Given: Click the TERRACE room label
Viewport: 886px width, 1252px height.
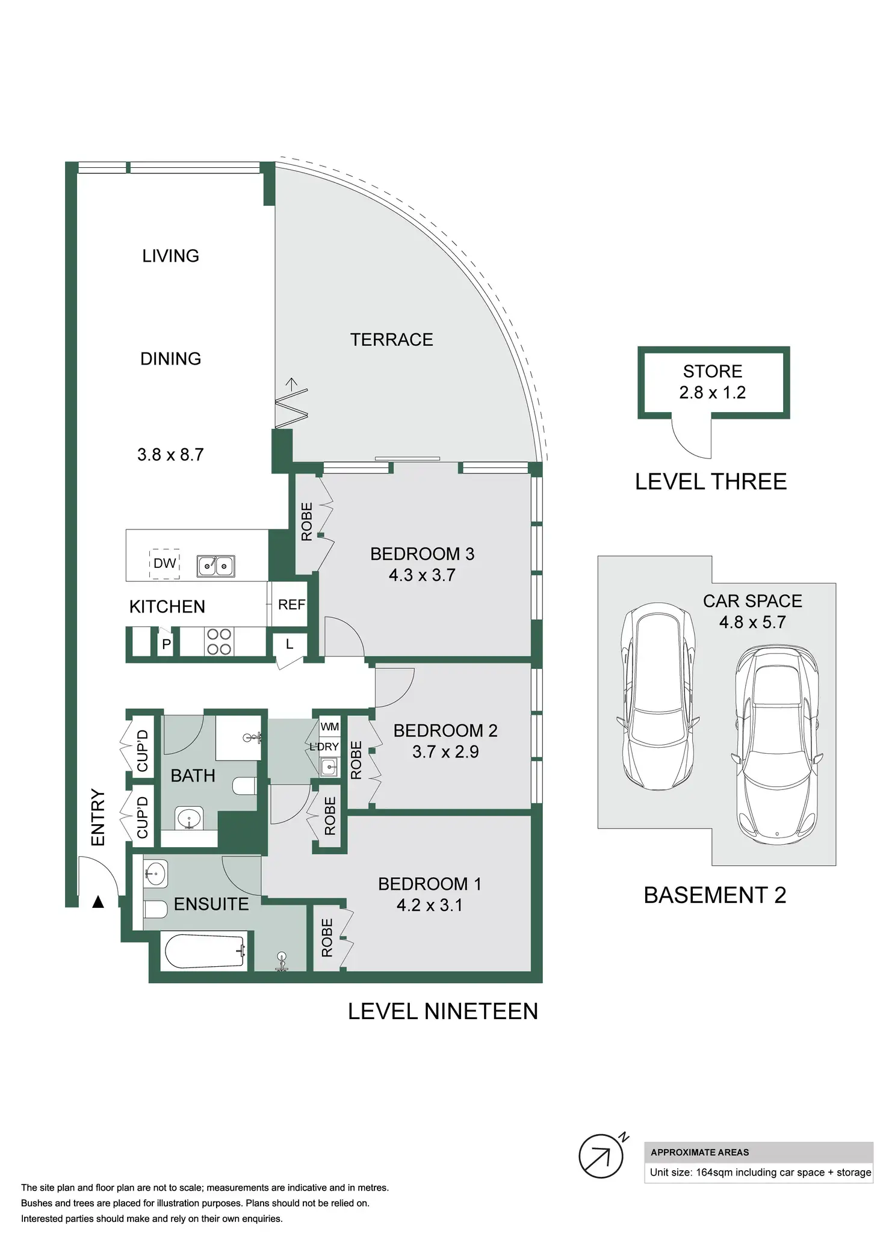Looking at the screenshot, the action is click(x=391, y=340).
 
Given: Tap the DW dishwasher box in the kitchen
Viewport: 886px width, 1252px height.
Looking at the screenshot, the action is click(x=164, y=563).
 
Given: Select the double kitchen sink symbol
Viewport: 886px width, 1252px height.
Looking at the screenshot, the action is click(x=216, y=566).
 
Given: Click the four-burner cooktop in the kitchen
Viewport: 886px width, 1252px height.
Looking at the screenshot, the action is click(x=219, y=641).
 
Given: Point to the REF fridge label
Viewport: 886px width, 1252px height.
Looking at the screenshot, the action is click(x=291, y=605).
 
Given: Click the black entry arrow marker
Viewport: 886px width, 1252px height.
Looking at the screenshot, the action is click(x=98, y=902).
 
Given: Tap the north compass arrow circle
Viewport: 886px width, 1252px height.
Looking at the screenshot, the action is click(x=601, y=1156).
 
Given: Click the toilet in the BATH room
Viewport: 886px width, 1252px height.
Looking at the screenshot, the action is click(x=245, y=786).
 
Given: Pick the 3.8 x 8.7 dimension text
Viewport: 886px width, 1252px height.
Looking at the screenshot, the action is click(x=170, y=455).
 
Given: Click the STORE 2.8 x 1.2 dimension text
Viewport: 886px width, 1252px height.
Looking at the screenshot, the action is click(x=713, y=393).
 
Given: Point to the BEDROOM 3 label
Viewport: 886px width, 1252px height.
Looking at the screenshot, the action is click(x=422, y=554).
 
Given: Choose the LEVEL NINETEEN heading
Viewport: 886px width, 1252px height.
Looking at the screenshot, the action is click(x=443, y=1011).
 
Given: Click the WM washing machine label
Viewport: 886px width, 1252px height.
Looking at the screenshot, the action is click(x=329, y=727).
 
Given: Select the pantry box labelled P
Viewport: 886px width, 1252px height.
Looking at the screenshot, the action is click(x=166, y=644).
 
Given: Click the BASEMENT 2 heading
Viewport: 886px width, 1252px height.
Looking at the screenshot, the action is click(x=715, y=895).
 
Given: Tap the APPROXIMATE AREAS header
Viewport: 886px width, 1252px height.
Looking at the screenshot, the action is click(x=700, y=1153).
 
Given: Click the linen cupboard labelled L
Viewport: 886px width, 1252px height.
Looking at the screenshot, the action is click(x=290, y=645).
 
